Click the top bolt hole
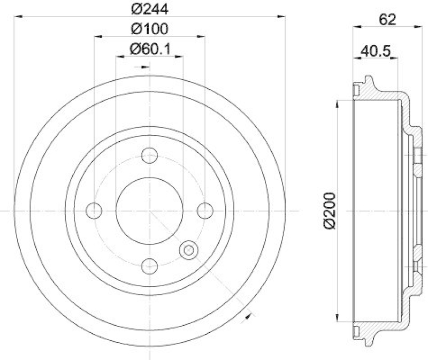click(150, 156)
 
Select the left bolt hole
click(94, 211)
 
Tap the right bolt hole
click(205, 211)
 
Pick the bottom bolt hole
click(150, 266)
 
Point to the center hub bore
click(150, 211)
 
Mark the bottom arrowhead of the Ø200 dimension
click(337, 319)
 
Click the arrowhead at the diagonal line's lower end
click(247, 317)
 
